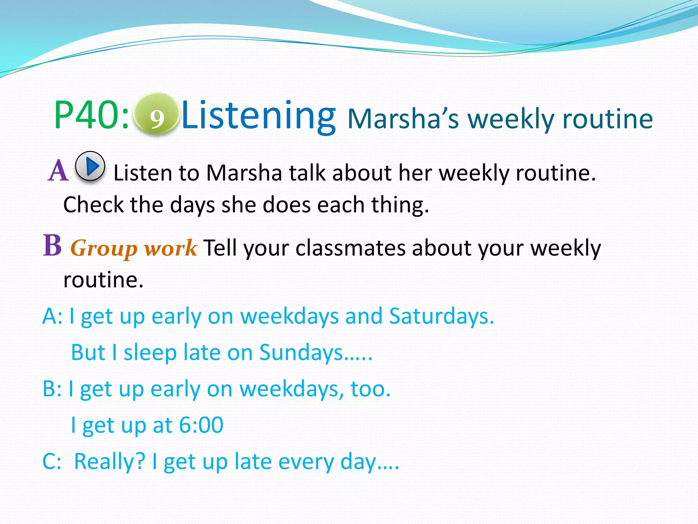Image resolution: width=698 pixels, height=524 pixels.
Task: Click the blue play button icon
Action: pos(90,166)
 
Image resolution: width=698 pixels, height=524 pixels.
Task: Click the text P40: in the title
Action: pos(91,115)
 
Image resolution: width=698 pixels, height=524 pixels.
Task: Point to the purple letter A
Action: pos(58,171)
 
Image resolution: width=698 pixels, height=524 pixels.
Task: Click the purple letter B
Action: pos(52,245)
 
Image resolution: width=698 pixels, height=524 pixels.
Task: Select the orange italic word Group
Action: pos(104,248)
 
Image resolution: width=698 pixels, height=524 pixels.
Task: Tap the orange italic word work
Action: pos(170,248)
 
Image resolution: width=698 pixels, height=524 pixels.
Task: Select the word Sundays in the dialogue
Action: pos(301,352)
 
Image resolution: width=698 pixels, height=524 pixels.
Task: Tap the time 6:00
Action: pos(201,425)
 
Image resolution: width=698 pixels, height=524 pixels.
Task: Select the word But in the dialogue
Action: pos(88,352)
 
